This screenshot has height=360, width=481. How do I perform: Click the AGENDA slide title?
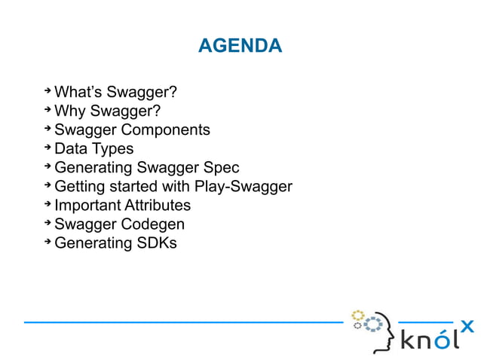pyautogui.click(x=240, y=47)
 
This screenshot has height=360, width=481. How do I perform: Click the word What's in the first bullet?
pyautogui.click(x=78, y=93)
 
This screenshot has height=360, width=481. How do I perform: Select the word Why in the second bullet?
pyautogui.click(x=70, y=111)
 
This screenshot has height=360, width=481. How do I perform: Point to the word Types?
pyautogui.click(x=113, y=149)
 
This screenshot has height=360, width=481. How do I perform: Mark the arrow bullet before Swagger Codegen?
pyautogui.click(x=47, y=222)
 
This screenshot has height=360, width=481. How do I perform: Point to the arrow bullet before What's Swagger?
pyautogui.click(x=47, y=91)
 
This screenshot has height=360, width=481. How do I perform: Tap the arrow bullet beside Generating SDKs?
pyautogui.click(x=47, y=241)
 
